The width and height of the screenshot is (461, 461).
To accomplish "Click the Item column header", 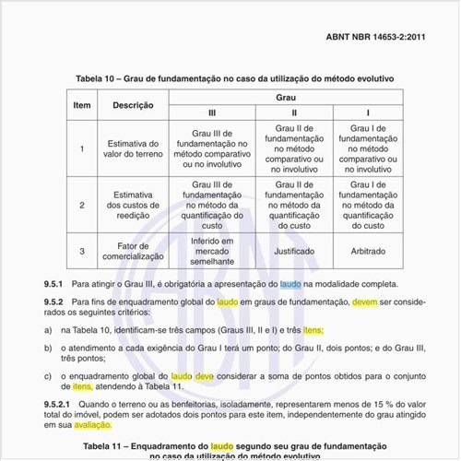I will tap(81, 104).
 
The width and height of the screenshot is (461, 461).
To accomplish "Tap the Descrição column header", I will tap(133, 104).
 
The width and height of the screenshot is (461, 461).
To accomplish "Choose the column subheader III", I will tap(212, 112).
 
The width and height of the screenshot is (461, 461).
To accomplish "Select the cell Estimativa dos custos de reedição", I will tap(133, 205).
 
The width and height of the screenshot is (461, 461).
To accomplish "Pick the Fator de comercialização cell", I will tap(133, 251).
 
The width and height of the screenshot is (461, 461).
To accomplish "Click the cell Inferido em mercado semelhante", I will tap(212, 251).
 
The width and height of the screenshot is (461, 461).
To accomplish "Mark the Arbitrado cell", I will tap(368, 250).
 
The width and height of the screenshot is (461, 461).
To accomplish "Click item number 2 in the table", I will tap(81, 205).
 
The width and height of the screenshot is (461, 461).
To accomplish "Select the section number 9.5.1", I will tap(54, 285).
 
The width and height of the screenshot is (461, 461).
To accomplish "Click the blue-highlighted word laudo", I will tap(290, 285).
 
